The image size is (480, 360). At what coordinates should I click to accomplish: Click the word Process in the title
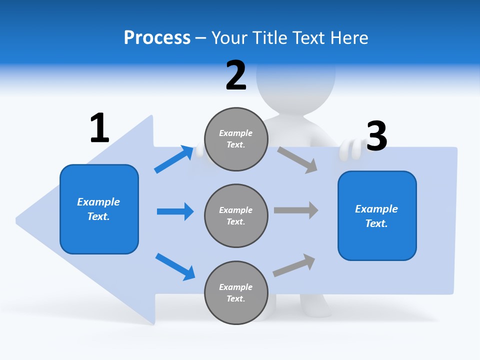[x=157, y=38]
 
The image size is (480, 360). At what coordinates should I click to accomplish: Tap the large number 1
[x=99, y=128]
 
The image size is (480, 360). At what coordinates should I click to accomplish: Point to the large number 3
[x=376, y=136]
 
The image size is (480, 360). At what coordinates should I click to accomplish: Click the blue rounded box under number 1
[x=99, y=209]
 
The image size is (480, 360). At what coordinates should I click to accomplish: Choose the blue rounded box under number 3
[x=377, y=216]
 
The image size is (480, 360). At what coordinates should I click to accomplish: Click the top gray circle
[x=236, y=139]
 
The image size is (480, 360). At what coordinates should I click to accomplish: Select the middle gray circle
[x=236, y=216]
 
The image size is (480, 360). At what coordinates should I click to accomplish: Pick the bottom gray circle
[x=236, y=293]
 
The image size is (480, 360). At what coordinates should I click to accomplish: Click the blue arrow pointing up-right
[x=174, y=159]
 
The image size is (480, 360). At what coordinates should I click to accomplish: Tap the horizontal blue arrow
[x=175, y=211]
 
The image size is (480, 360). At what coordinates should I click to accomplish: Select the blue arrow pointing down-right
[x=175, y=266]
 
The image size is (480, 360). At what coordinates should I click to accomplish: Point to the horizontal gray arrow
[x=296, y=210]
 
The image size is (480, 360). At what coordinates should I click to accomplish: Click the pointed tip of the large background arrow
[x=18, y=219]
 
